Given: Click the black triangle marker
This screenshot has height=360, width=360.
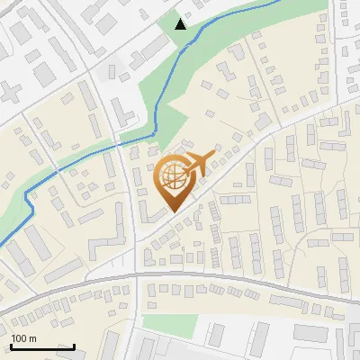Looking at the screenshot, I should click(181, 23).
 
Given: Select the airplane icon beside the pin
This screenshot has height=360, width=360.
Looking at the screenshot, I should click(199, 163).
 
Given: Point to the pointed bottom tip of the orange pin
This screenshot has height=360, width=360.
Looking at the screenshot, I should click(174, 211).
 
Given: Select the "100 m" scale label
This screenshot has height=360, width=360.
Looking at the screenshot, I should click(24, 338).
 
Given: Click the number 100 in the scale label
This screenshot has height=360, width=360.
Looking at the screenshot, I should click(20, 338).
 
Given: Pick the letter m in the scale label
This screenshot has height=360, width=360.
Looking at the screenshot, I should click(33, 338).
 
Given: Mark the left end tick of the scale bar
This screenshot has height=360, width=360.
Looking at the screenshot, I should click(11, 346).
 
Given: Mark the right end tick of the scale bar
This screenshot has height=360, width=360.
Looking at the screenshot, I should click(74, 346).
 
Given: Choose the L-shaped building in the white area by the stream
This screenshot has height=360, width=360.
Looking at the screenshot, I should click(125, 114).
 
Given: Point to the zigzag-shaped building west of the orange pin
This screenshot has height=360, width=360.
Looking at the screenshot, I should click(110, 232).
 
